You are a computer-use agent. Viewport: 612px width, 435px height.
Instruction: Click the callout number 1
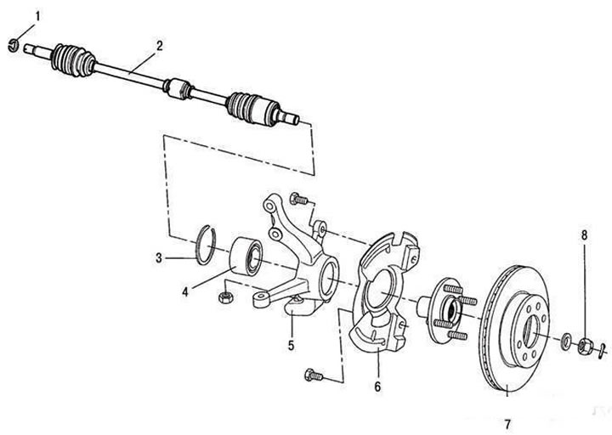(38, 16)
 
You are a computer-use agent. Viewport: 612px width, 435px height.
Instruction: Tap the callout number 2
(159, 46)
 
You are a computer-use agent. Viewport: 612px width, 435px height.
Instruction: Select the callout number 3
(159, 258)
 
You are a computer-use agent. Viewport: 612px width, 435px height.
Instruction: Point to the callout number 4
(185, 291)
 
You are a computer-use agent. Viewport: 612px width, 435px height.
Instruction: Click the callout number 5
(292, 345)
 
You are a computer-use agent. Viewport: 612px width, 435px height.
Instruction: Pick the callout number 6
(377, 387)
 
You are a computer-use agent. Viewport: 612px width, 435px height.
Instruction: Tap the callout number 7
(507, 424)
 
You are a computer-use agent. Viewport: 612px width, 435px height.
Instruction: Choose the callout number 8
(584, 235)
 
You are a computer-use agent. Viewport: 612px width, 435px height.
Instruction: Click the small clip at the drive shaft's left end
(14, 45)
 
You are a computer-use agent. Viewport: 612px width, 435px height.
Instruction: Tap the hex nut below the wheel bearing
(225, 297)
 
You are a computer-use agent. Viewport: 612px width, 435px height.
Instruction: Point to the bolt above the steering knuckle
(299, 199)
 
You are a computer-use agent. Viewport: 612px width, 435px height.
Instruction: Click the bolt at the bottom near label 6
(314, 375)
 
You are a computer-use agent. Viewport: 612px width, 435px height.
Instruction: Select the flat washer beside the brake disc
(564, 340)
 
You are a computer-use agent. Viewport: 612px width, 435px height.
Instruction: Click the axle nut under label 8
(586, 346)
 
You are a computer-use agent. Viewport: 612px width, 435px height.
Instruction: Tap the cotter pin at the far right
(603, 348)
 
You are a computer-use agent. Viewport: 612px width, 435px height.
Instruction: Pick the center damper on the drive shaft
(177, 89)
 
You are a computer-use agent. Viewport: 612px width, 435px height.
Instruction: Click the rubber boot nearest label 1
(73, 60)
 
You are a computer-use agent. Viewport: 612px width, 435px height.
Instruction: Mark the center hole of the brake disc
(531, 331)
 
